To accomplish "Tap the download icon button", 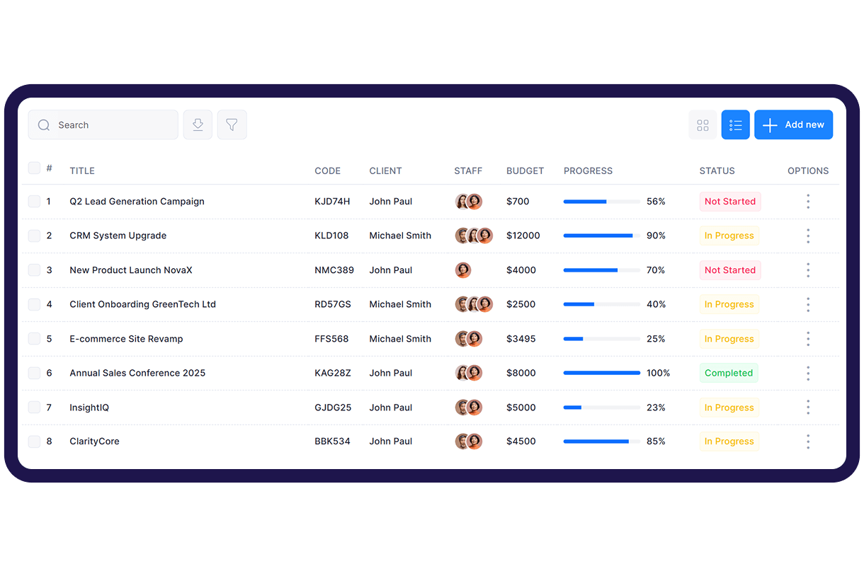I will click(198, 125).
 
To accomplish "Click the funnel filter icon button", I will click(232, 125).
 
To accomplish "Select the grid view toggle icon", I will click(703, 125).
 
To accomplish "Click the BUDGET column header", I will click(525, 171).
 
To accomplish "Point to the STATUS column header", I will click(717, 171).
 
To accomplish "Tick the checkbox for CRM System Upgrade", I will click(34, 236).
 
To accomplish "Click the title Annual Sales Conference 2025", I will click(137, 373).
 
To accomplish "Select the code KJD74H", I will click(332, 202).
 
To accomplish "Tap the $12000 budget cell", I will click(523, 236).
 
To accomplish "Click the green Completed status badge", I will click(729, 373).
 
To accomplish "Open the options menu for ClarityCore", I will click(808, 441).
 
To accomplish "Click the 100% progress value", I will click(658, 373).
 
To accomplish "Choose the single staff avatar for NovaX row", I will click(463, 270).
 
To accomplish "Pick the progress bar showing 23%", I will click(601, 408).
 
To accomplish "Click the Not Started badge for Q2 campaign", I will click(730, 202).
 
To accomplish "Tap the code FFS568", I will click(331, 339).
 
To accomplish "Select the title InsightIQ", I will click(89, 408).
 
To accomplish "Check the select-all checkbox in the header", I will click(34, 168).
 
